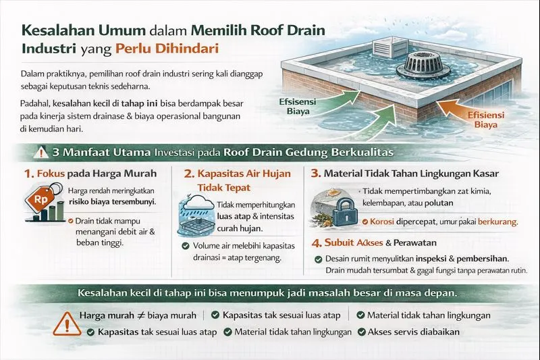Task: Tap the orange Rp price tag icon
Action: pos(34,200)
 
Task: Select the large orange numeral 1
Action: pos(28,174)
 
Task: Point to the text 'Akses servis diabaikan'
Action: pos(414,332)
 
